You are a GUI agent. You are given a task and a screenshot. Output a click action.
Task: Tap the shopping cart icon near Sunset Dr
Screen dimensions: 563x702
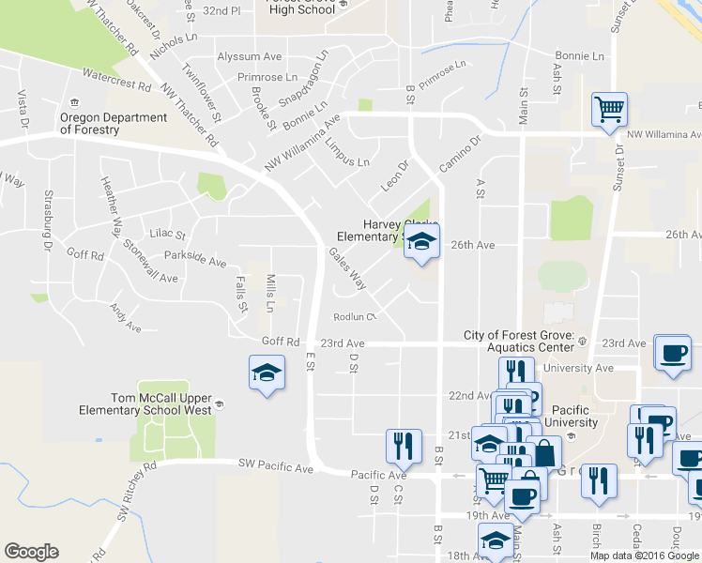[609, 110]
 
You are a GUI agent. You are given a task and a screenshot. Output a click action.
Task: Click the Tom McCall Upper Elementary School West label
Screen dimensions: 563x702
[161, 403]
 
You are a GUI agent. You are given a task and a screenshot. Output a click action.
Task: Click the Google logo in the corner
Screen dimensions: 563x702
[31, 551]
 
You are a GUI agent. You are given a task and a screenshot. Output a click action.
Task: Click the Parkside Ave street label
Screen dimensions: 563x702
[195, 256]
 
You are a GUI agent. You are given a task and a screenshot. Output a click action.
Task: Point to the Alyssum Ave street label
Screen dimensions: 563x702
[250, 56]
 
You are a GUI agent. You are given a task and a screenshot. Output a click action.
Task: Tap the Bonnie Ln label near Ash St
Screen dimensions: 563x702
[579, 56]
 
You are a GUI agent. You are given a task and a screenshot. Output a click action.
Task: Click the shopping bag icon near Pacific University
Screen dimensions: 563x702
[543, 452]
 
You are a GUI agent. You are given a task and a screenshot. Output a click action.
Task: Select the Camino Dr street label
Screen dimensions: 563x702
[460, 154]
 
